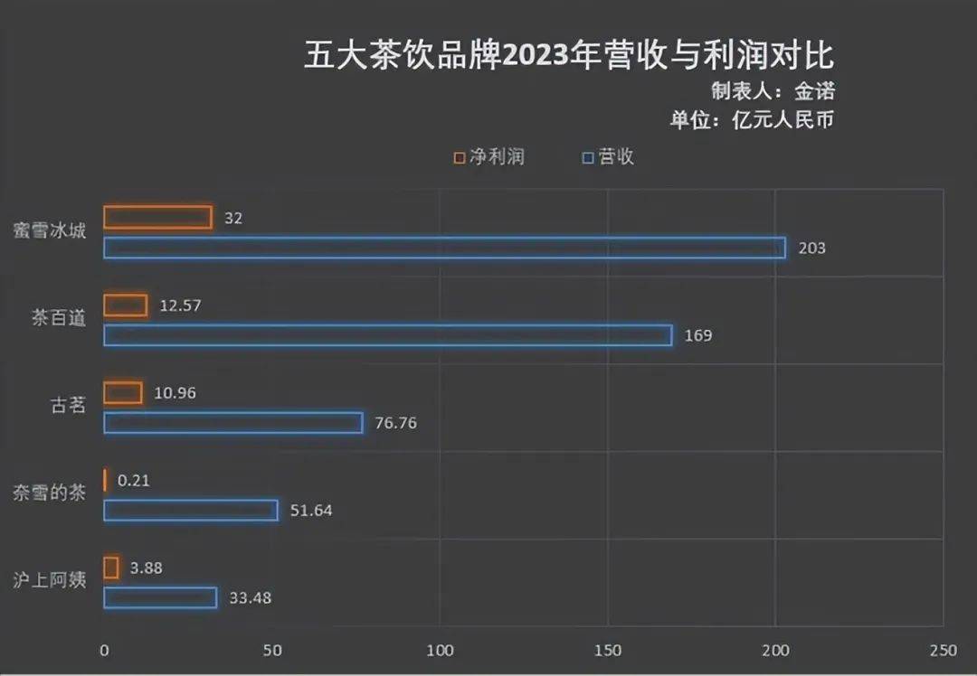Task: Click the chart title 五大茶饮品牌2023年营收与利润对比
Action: click(567, 55)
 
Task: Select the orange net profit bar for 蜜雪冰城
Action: click(157, 218)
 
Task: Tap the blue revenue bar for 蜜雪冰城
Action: click(444, 248)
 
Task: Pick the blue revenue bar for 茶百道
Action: click(388, 335)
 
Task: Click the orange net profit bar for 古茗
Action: click(123, 393)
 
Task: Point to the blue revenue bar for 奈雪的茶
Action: click(191, 511)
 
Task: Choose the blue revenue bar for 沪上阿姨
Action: click(160, 597)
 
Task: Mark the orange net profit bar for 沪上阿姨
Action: click(111, 568)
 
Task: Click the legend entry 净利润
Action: click(488, 157)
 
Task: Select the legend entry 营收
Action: click(608, 157)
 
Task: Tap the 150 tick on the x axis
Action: click(608, 651)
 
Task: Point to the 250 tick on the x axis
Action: click(943, 651)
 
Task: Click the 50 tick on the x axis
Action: click(272, 651)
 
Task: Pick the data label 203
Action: click(811, 248)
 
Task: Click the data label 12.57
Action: click(179, 305)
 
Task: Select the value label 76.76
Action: click(394, 423)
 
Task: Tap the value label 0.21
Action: click(134, 481)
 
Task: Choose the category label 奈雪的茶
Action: click(50, 494)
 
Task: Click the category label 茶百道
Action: click(59, 319)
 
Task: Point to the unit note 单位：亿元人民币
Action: click(750, 120)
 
